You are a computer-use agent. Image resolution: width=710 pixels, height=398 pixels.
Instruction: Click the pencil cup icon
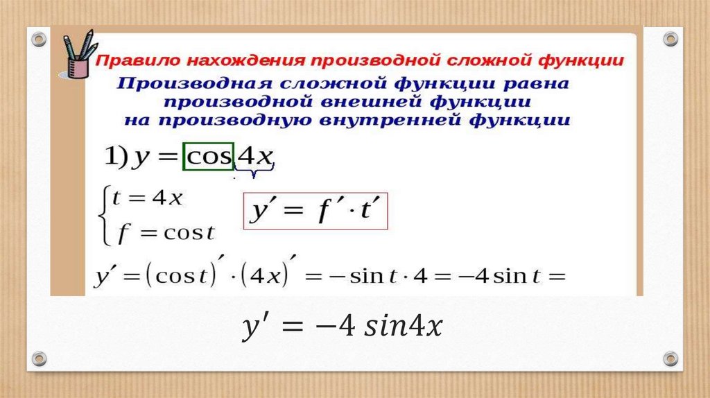coord(77,57)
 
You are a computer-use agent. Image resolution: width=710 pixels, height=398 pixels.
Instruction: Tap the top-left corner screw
coord(40,39)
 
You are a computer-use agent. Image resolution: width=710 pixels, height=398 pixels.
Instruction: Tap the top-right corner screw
coord(670,39)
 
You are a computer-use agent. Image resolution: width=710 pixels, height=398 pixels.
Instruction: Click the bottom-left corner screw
coord(40,358)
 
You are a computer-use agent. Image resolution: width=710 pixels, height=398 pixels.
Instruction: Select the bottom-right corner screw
coord(670,358)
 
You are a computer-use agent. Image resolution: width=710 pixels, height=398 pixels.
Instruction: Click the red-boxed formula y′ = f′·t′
coord(315,211)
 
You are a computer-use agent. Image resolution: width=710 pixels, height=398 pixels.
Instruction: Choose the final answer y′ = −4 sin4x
coord(341,326)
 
